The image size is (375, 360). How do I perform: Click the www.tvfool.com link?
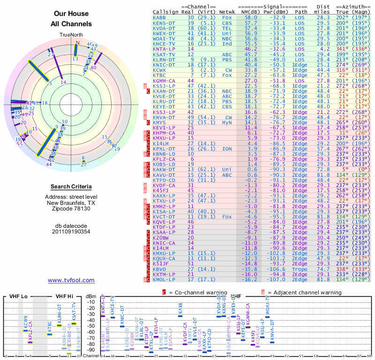pos(71,280)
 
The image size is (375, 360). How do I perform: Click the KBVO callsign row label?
pos(159,270)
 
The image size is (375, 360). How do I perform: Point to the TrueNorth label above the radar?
pos(71,35)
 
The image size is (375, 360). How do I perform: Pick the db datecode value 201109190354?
pos(71,231)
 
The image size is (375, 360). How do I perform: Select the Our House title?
pos(71,14)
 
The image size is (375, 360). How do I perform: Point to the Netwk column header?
pos(227,12)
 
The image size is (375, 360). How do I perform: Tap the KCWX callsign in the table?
pos(159,70)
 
